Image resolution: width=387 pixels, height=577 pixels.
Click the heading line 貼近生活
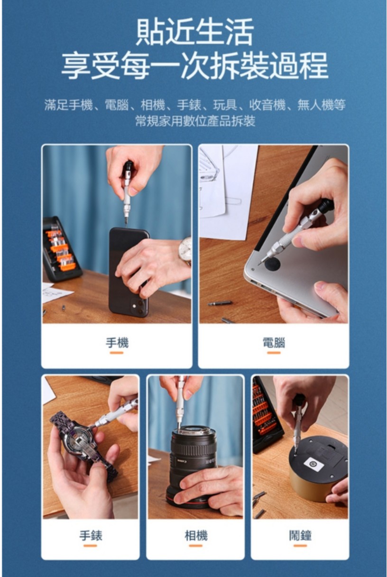(x=195, y=32)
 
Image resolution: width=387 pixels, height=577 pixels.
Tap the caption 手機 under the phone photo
(x=117, y=343)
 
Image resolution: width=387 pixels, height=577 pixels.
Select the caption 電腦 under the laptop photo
(x=274, y=343)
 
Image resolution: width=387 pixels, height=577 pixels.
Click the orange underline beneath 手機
(x=117, y=353)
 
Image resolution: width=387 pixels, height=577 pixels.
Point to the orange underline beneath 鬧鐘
(x=300, y=546)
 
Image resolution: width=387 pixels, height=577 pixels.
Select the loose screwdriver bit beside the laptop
(x=220, y=303)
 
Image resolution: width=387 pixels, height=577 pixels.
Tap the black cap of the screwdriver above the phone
(x=128, y=168)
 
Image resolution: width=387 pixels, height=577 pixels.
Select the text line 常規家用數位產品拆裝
(x=195, y=120)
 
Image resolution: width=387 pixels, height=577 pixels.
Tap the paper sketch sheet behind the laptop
(x=227, y=191)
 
